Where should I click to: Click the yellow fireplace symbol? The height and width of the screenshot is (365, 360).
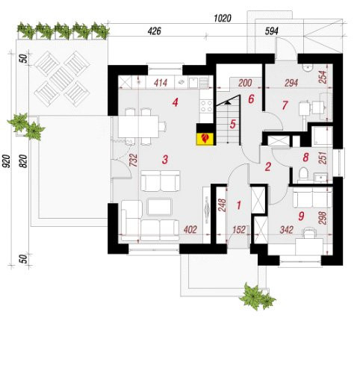point(205,139)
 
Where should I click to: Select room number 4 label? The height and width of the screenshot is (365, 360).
point(176,102)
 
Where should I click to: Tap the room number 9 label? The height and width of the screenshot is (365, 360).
point(301,216)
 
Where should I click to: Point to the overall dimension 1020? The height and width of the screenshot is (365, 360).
point(223,18)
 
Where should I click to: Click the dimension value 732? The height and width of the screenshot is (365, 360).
point(134,160)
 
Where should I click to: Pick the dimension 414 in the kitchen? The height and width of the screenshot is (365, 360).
point(161,83)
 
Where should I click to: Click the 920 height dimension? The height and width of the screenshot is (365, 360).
point(7,161)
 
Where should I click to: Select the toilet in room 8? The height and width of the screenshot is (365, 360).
point(303,172)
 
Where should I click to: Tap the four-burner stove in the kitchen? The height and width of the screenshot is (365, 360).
point(206,106)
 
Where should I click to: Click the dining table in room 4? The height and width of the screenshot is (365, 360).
point(138,126)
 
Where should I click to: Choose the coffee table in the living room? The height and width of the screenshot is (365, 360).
point(159,206)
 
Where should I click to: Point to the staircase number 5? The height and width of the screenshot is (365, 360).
point(232,124)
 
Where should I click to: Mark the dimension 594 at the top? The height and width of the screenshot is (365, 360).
point(271,31)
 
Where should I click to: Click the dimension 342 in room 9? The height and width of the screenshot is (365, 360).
point(286,230)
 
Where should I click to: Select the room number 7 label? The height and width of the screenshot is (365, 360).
point(285,105)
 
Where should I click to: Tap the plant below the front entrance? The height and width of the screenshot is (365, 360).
point(256,296)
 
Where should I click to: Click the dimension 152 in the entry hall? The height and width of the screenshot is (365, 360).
point(239,230)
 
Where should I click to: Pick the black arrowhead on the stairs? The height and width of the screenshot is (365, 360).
point(228,102)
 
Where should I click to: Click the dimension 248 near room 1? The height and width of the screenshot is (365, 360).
point(223,205)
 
